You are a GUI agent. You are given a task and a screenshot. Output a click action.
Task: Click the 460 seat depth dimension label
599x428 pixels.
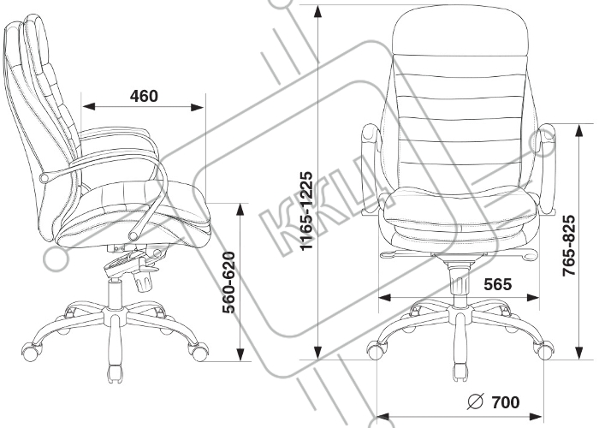[144, 96]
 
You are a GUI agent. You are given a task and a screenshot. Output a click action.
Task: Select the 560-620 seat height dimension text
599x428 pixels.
[228, 282]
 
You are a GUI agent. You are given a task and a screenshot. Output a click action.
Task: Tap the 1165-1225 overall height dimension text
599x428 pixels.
[306, 211]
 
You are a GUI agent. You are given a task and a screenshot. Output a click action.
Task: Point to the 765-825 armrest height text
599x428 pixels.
[569, 246]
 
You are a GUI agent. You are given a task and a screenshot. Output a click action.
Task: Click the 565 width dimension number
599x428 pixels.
[498, 284]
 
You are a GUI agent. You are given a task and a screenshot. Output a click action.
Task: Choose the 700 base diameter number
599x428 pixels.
[506, 402]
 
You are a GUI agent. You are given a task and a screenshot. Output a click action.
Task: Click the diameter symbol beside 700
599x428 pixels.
[476, 401]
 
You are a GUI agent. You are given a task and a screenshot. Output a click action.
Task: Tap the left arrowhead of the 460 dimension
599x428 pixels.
[89, 106]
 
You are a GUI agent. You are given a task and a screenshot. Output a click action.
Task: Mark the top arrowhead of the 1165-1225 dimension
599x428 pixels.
[317, 12]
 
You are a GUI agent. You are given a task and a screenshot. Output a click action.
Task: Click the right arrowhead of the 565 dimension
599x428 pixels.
[532, 298]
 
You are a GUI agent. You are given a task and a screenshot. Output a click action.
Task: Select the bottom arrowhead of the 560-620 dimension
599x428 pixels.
[240, 354]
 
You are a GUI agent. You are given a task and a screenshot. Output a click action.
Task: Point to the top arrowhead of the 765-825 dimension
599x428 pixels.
[579, 131]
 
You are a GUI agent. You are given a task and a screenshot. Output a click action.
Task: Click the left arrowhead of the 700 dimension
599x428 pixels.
[383, 416]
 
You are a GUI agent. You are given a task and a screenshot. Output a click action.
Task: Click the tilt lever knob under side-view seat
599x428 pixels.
[144, 282]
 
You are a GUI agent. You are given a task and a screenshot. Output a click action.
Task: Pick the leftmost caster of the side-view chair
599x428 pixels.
[32, 352]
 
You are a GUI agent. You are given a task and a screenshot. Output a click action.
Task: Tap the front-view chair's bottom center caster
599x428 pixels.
[460, 372]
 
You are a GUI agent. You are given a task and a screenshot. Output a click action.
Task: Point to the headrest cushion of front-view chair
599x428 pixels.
[460, 31]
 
